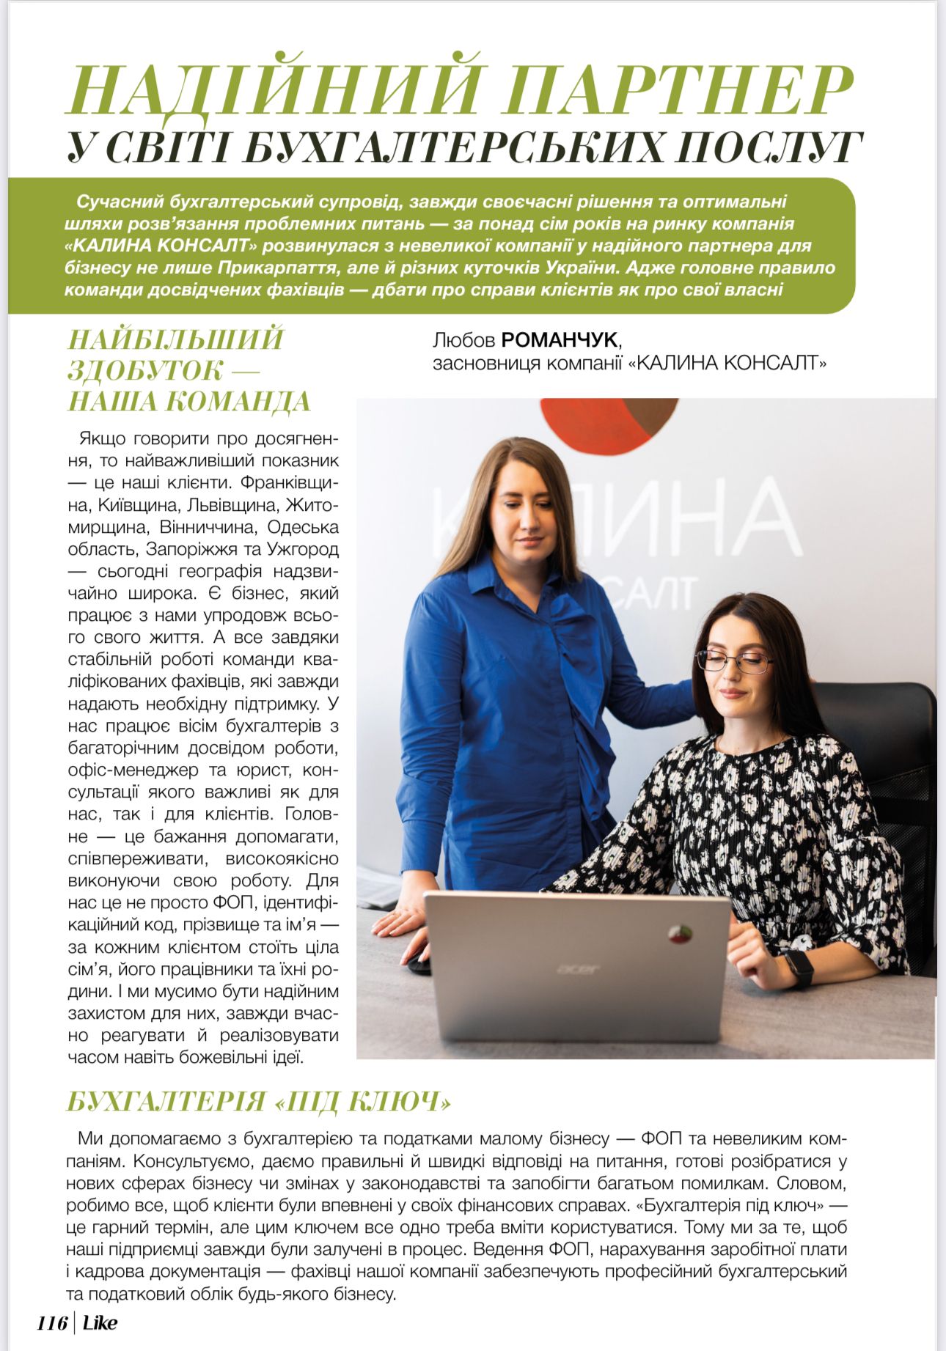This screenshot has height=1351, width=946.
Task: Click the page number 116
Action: [x=52, y=1323]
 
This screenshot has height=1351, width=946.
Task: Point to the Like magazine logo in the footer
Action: [x=100, y=1323]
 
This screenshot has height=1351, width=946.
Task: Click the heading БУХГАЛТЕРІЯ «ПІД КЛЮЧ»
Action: [x=259, y=1102]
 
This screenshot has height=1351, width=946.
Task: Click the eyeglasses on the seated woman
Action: [x=734, y=661]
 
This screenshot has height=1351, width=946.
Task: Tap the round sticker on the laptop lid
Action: [x=680, y=934]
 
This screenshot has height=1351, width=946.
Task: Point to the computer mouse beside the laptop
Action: [x=419, y=963]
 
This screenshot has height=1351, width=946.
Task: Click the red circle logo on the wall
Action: [x=609, y=425]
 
